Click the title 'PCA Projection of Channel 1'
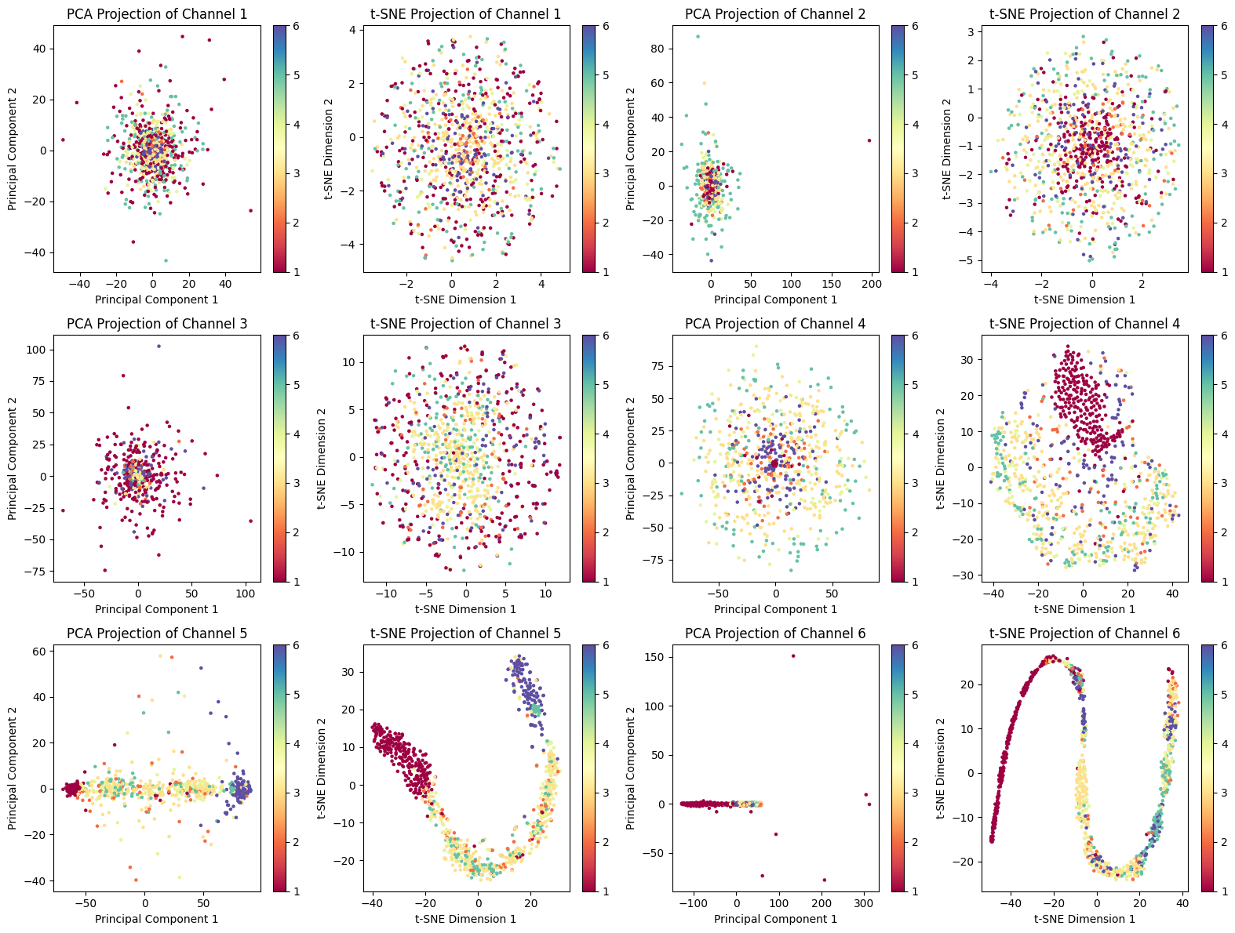[x=157, y=14]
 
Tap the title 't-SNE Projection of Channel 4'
[x=1085, y=324]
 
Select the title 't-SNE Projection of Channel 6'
[x=1085, y=633]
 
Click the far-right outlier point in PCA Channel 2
[x=869, y=140]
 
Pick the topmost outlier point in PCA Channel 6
[x=793, y=656]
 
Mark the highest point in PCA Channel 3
[x=158, y=346]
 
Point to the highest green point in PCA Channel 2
[x=698, y=37]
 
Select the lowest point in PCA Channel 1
[x=166, y=260]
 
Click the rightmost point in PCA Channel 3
[x=251, y=521]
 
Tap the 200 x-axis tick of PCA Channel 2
[x=872, y=284]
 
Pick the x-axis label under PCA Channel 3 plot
[x=157, y=609]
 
